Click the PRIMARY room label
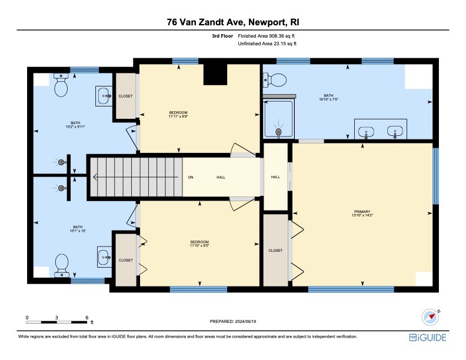[x=362, y=212]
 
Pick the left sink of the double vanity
[x=366, y=131]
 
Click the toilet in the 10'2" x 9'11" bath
[x=61, y=86]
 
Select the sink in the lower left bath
[x=105, y=256]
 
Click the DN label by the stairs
[x=190, y=177]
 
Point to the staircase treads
[x=135, y=177]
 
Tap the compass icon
[x=431, y=317]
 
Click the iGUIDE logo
[x=428, y=338]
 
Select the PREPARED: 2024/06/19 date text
[x=234, y=321]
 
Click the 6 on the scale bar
[x=87, y=317]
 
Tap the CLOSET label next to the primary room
[x=275, y=251]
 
